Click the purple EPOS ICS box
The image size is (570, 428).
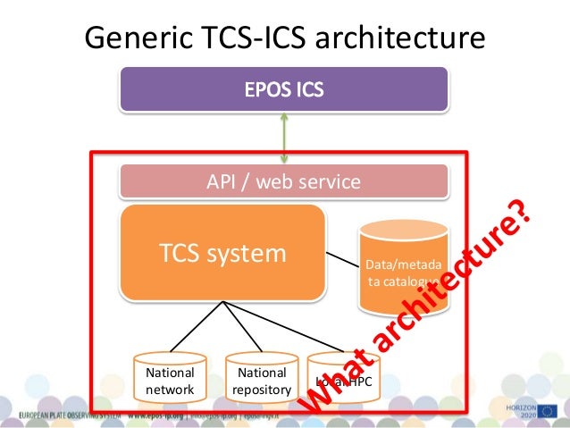click(284, 89)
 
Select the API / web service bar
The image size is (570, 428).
click(284, 182)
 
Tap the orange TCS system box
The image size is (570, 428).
click(222, 253)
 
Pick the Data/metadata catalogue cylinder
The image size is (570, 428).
click(402, 266)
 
